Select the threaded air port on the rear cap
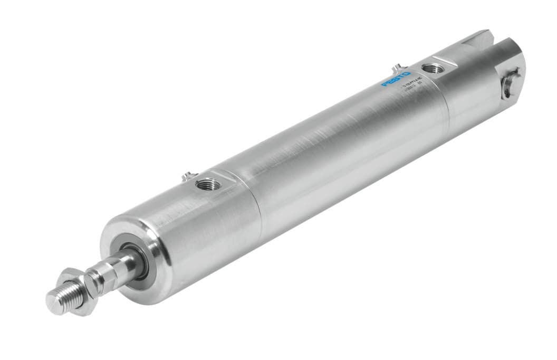pyautogui.click(x=434, y=68)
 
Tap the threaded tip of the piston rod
pyautogui.click(x=61, y=298)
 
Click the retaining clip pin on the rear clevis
pyautogui.click(x=509, y=83)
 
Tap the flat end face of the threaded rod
pyautogui.click(x=53, y=301)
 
